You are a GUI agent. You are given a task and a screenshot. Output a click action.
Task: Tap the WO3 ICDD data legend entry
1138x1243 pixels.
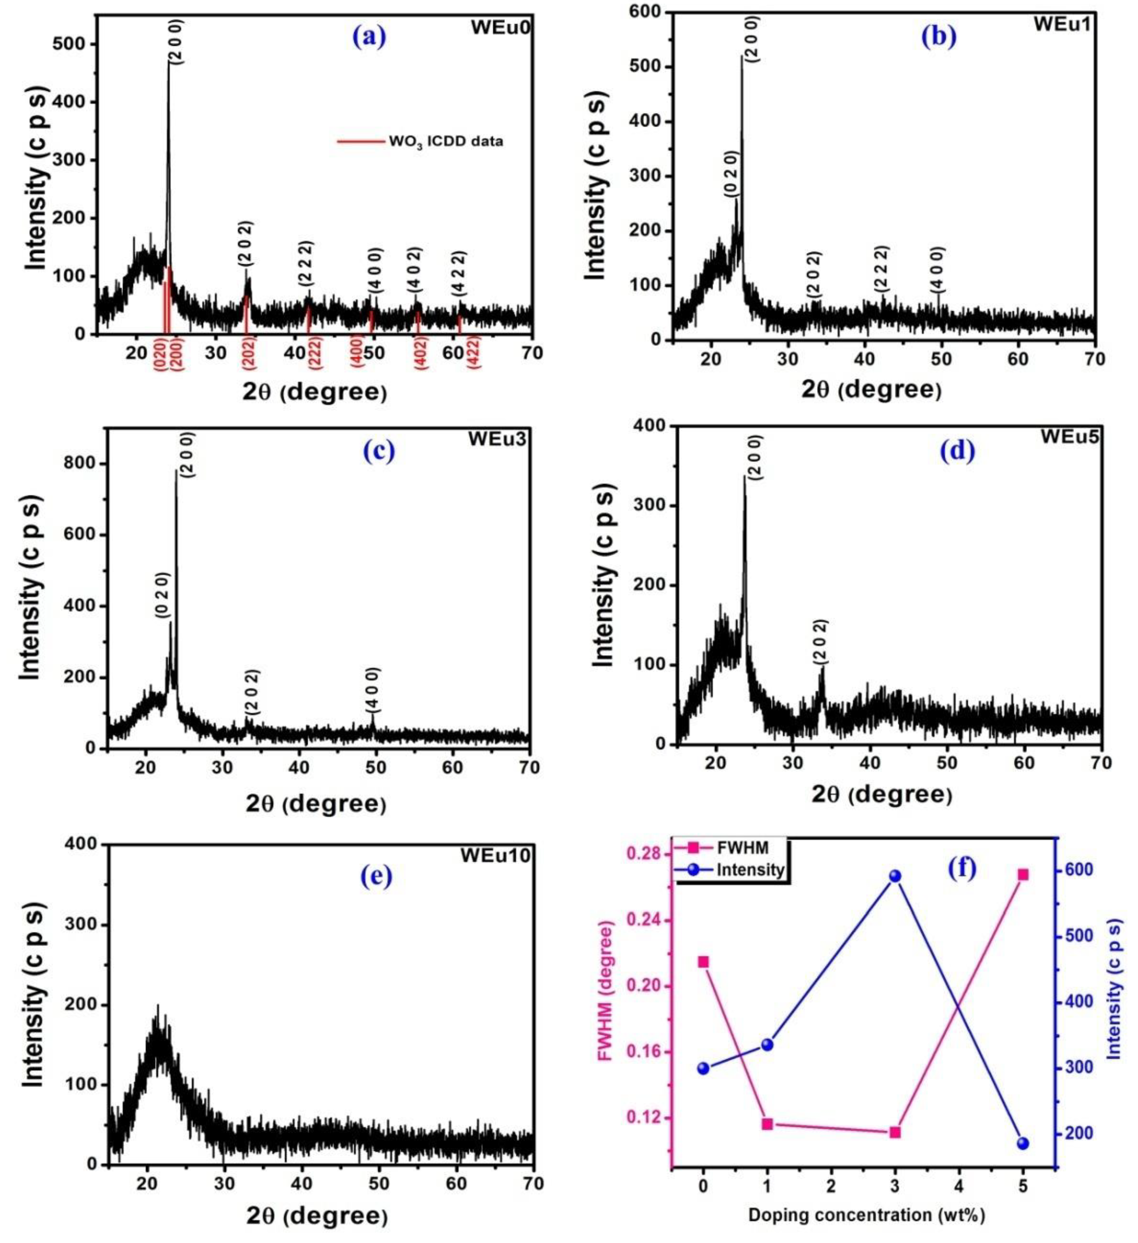[445, 141]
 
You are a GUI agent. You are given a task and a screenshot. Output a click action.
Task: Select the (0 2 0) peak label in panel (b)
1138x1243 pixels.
[732, 174]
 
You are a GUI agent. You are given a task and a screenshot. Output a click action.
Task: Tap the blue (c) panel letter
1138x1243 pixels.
[379, 451]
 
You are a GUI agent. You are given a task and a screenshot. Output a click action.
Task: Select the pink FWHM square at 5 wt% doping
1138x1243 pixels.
[1023, 874]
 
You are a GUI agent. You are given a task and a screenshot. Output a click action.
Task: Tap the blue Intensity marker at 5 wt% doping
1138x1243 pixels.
[1023, 1144]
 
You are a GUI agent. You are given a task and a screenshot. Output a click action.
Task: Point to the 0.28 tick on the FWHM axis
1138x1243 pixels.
[644, 854]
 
